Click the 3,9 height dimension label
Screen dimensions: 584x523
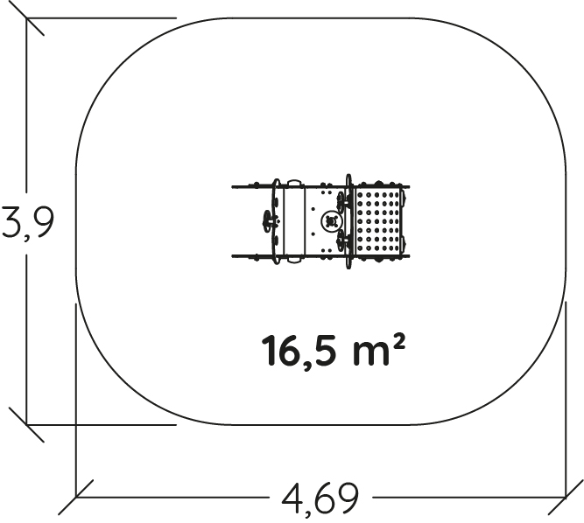[27, 223]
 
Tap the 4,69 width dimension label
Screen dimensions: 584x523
[320, 499]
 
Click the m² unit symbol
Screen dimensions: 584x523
[377, 350]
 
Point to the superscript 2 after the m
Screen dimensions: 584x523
[398, 341]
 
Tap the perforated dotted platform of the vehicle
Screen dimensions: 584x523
[378, 221]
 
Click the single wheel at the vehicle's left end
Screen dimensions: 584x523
[267, 221]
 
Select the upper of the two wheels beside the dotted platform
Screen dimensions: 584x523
[341, 202]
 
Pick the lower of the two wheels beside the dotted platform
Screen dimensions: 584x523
[341, 241]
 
